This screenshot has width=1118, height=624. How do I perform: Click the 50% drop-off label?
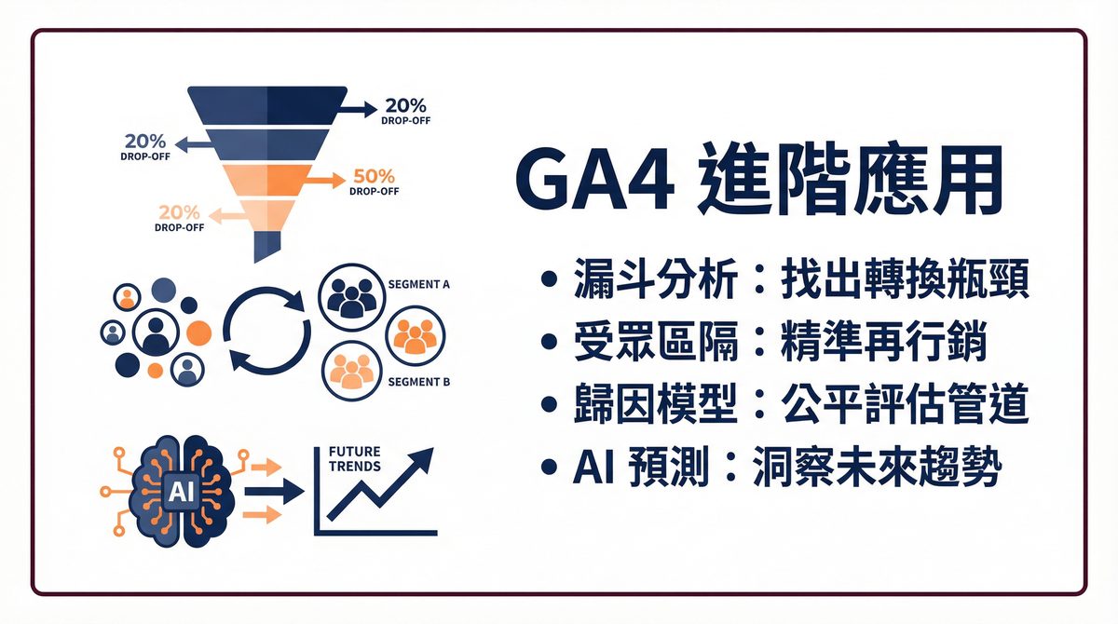(375, 181)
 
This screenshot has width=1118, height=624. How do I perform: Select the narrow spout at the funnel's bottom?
(266, 244)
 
